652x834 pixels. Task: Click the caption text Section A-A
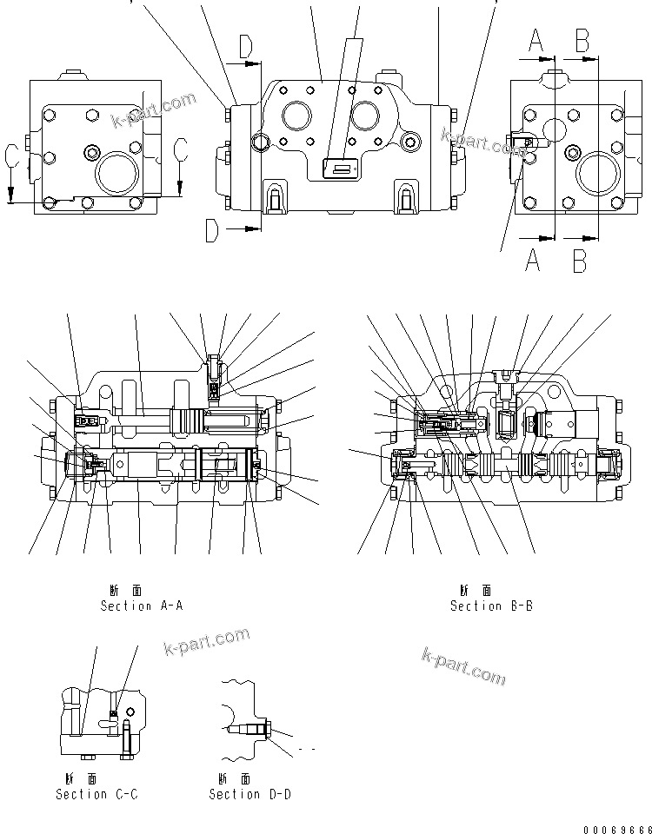(x=142, y=606)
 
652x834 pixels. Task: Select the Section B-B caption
(x=491, y=606)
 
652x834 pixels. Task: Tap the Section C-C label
(x=96, y=794)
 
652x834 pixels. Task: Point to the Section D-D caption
(x=249, y=794)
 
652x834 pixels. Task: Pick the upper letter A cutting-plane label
(x=536, y=39)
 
